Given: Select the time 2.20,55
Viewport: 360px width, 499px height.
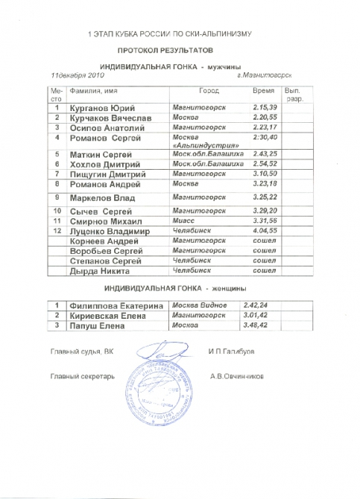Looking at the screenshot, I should click(x=265, y=118).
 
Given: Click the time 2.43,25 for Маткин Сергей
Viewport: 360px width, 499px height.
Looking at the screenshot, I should click(x=265, y=153).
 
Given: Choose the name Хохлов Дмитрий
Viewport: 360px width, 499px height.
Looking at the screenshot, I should click(x=100, y=164).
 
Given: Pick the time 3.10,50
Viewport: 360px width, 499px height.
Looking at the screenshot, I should click(x=265, y=174).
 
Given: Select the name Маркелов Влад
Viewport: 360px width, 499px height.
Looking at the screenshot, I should click(x=98, y=198).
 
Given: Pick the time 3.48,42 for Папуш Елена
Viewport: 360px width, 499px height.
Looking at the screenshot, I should click(x=256, y=325).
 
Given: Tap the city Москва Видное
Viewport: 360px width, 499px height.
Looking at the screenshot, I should click(x=199, y=305).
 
